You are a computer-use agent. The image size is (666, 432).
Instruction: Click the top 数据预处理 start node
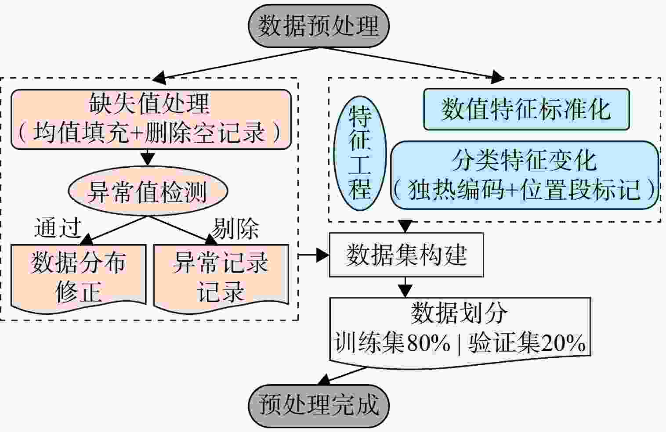[x=319, y=26]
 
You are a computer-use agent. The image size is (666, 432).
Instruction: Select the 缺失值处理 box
[x=151, y=119]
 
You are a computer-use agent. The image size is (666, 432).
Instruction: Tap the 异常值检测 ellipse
[x=148, y=191]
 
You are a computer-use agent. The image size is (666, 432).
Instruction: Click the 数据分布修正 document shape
[x=79, y=278]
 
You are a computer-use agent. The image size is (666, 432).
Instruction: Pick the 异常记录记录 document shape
[x=221, y=278]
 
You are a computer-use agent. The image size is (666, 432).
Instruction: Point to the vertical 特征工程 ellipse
[x=360, y=153]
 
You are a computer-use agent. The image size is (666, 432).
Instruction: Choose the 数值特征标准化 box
[x=527, y=109]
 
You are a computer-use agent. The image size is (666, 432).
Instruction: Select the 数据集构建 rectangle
[x=406, y=255]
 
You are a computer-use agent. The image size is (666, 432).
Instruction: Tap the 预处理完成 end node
[x=319, y=406]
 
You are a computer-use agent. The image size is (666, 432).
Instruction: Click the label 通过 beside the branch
[x=58, y=228]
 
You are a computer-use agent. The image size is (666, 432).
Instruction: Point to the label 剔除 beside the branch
[x=235, y=228]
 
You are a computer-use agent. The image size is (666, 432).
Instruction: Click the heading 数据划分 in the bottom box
[x=460, y=313]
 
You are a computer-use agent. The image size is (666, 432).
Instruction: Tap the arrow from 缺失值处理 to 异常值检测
[x=148, y=157]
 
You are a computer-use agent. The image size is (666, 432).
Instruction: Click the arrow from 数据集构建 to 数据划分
[x=405, y=287]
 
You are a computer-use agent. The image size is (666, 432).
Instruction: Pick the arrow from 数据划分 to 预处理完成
[x=342, y=376]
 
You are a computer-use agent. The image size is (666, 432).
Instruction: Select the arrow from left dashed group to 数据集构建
[x=314, y=255]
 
